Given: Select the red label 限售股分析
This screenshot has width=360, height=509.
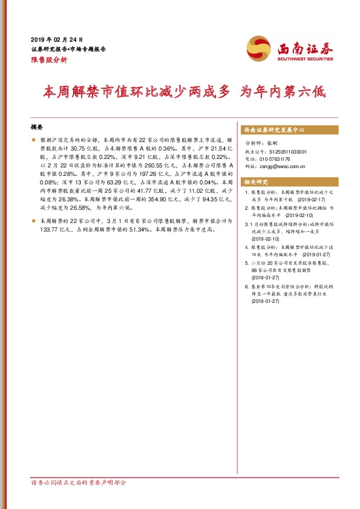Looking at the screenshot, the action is click(x=48, y=60).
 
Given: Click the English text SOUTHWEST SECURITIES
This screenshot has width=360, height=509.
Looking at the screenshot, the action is click(x=305, y=59).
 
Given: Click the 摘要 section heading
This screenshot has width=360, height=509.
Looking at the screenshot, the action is click(x=37, y=128).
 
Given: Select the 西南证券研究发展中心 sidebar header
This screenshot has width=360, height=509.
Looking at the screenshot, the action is click(x=273, y=130).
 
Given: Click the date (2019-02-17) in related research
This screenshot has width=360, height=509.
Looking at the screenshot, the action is click(x=310, y=198).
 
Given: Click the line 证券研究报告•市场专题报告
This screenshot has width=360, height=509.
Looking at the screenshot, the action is click(x=68, y=49).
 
